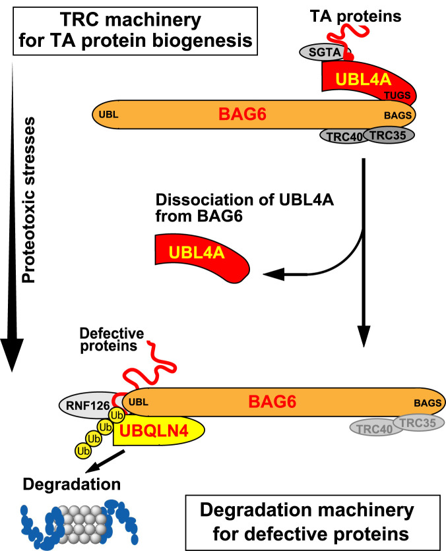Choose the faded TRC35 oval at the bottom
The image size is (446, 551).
[x=419, y=422]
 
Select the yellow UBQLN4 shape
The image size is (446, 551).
[x=159, y=434]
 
